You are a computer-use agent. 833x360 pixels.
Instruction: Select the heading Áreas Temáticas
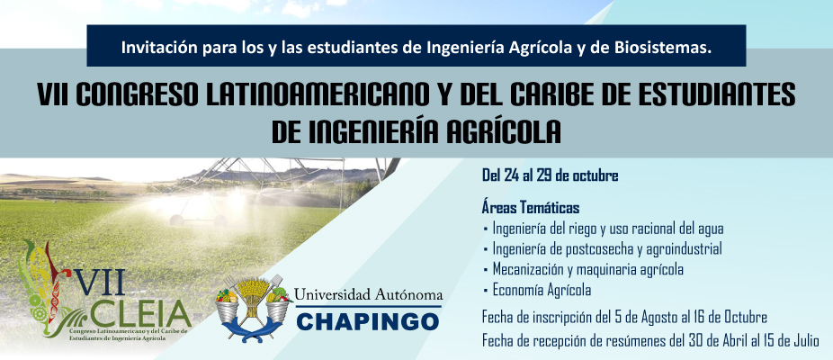531,206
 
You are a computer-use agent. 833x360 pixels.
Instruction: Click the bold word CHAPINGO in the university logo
368,320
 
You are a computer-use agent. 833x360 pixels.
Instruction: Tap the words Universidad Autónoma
368,294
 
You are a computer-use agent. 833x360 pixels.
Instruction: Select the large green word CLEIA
140,314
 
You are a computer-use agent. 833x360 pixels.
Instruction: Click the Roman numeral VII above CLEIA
100,282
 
